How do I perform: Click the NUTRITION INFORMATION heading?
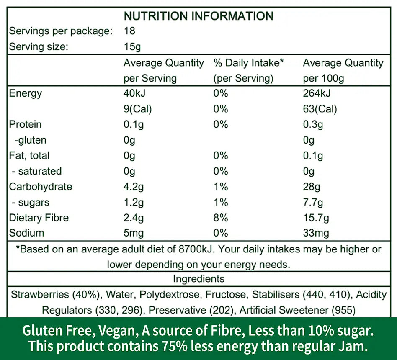pos(198,16)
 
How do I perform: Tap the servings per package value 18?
pos(130,31)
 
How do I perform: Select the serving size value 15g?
pos(132,46)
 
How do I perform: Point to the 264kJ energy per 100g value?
pos(317,93)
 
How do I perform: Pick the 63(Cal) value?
pos(320,109)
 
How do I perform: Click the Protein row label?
pos(25,124)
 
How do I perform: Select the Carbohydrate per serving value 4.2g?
pos(134,187)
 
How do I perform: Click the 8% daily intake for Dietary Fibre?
pos(221,218)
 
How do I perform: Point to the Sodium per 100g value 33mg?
pos(316,233)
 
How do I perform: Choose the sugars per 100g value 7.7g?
pos(313,203)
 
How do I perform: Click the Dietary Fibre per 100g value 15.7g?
pos(316,218)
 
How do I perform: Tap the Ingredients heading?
pos(198,279)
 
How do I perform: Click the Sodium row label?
pos(26,233)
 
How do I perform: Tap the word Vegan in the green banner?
pos(119,332)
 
